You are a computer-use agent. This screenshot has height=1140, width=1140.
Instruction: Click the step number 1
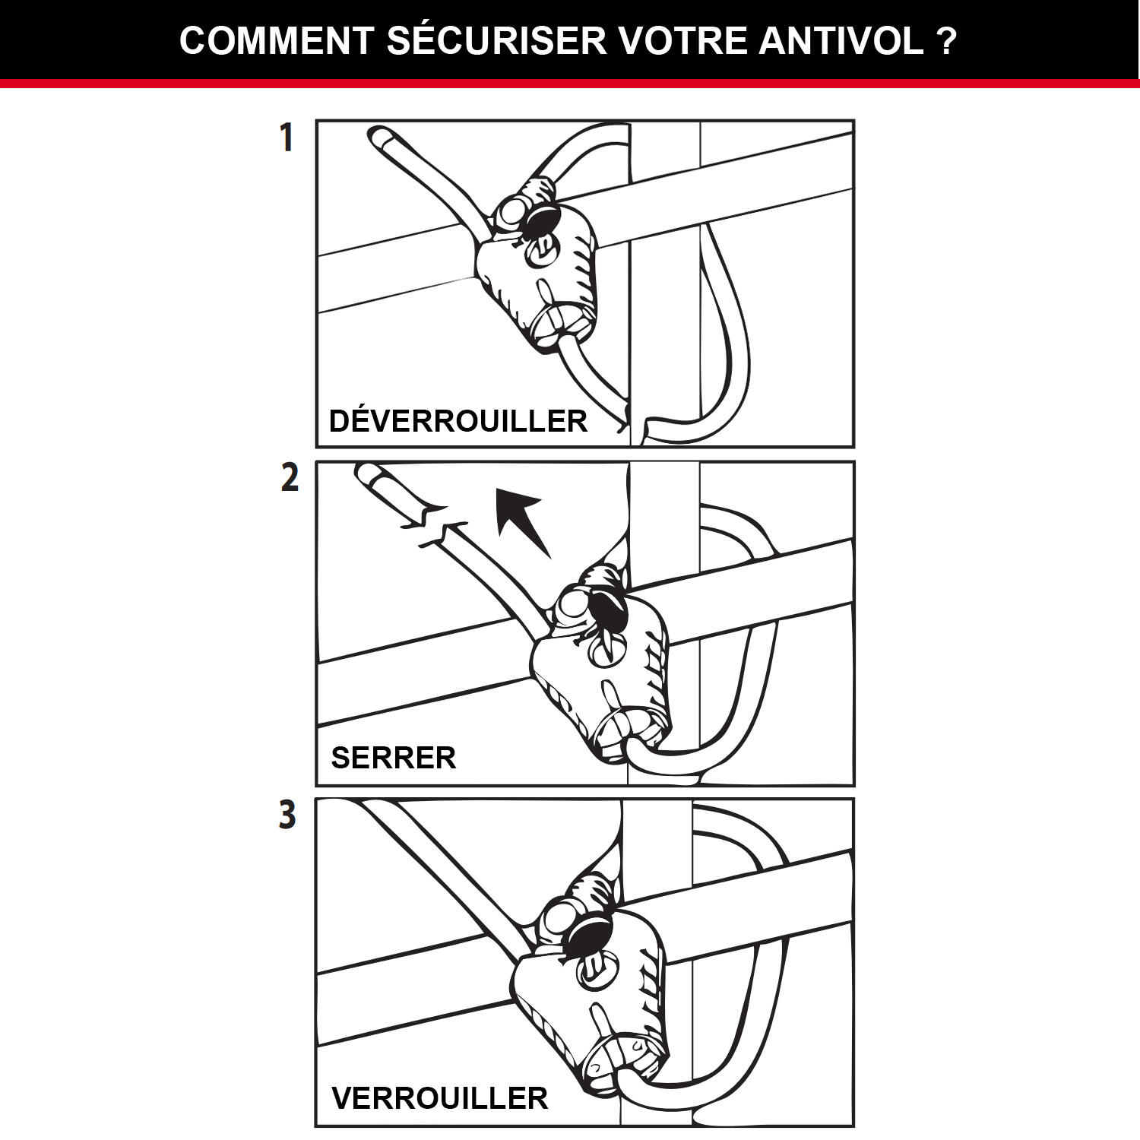pos(286,138)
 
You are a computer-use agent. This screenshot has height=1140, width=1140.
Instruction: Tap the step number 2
pos(290,478)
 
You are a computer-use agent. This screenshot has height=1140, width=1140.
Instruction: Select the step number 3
pos(287,815)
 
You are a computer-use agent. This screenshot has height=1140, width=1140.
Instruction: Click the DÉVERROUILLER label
pos(458,421)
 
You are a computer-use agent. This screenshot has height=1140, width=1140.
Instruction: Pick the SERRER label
pos(394,758)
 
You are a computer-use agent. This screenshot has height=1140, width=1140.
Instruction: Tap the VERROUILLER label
pos(439,1098)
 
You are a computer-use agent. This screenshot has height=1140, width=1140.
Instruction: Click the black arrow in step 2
pos(523,521)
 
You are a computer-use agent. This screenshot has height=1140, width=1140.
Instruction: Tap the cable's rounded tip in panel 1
pos(378,137)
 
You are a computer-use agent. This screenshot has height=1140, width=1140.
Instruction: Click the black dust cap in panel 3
pos(590,933)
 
